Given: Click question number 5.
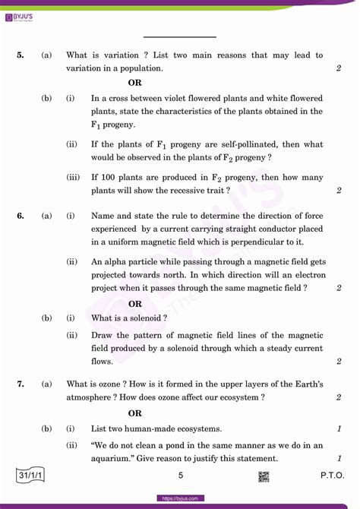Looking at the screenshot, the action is (x=21, y=55).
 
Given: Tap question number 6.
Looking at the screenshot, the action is (x=21, y=216).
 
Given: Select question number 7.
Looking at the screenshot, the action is (x=21, y=384).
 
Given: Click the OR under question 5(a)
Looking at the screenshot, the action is (x=134, y=82).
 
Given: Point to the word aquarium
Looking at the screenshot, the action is (x=112, y=459).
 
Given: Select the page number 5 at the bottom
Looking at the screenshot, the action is (x=180, y=476).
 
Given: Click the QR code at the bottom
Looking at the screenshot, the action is (x=264, y=476).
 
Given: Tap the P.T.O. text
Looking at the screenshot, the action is (x=332, y=476).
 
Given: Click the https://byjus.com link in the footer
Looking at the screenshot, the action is (x=180, y=498).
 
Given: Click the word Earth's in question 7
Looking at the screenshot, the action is (x=309, y=384).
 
